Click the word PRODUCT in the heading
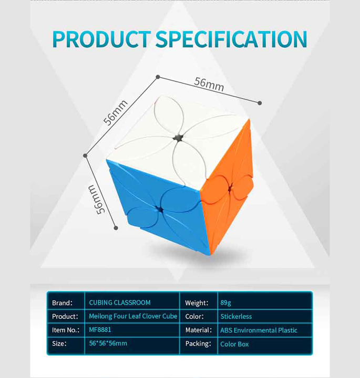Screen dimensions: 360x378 point(101,39)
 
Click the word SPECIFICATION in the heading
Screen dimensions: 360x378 point(231,39)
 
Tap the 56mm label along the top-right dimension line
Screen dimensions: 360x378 point(209,85)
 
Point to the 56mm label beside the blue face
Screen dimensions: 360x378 point(97,199)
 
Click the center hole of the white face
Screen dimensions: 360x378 point(178,138)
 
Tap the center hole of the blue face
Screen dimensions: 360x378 point(159,209)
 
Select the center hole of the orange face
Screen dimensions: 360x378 point(230,188)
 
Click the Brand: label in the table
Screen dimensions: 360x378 point(62,303)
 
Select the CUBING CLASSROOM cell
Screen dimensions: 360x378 point(120,302)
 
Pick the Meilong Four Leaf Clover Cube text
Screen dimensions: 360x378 point(133,316)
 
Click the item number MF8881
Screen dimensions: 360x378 point(100,330)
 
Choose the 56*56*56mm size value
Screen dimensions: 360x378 point(108,343)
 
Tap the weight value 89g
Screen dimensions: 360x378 point(225,303)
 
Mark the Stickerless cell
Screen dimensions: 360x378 point(236,316)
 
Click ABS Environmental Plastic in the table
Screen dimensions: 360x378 point(259,330)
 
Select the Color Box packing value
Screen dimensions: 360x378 point(234,344)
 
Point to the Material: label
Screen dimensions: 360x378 point(198,330)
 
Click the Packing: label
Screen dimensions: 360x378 point(198,344)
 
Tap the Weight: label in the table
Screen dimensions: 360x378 point(197,303)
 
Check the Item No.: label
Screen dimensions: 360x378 point(66,330)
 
